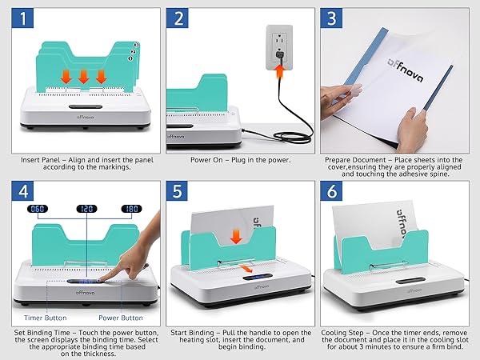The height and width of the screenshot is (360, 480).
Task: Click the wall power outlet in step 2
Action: point(277,47)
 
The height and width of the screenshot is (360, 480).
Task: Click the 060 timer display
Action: point(38,209)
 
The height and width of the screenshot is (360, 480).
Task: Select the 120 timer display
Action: point(86,209)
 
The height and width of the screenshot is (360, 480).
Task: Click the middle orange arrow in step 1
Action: point(83,77)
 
